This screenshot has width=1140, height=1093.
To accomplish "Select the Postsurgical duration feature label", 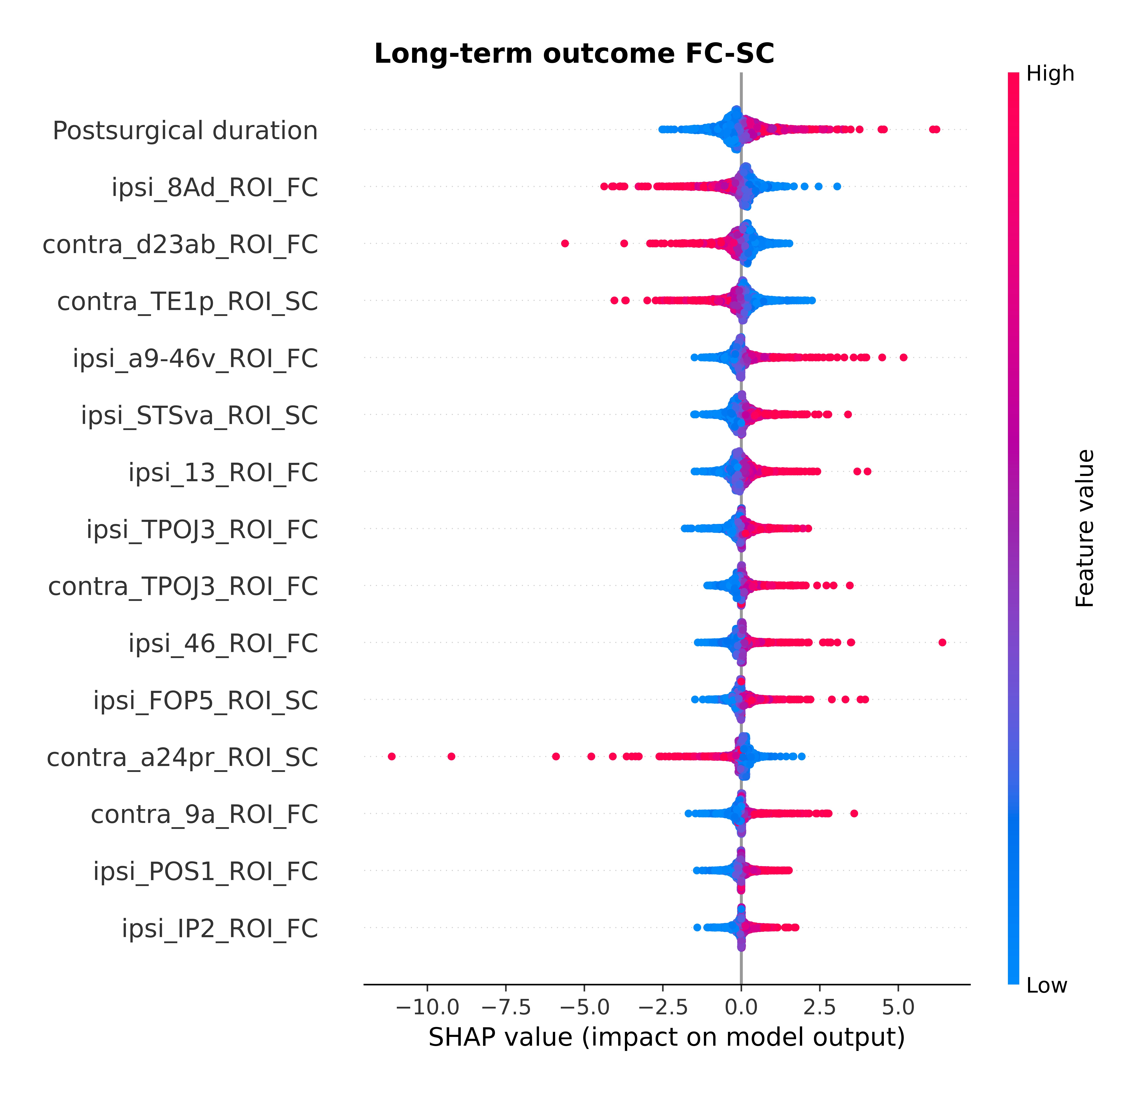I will point(185,131).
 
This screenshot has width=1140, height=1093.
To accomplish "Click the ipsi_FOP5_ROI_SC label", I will point(205,701).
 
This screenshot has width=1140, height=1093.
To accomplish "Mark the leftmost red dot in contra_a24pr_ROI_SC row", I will point(391,756).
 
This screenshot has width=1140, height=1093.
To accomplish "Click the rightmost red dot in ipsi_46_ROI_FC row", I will point(942,642).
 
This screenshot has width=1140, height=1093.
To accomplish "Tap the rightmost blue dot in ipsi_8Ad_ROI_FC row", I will point(837,186).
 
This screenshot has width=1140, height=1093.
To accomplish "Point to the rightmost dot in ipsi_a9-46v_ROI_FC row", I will point(903,357).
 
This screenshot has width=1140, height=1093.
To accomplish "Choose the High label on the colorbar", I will point(1050,74).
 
